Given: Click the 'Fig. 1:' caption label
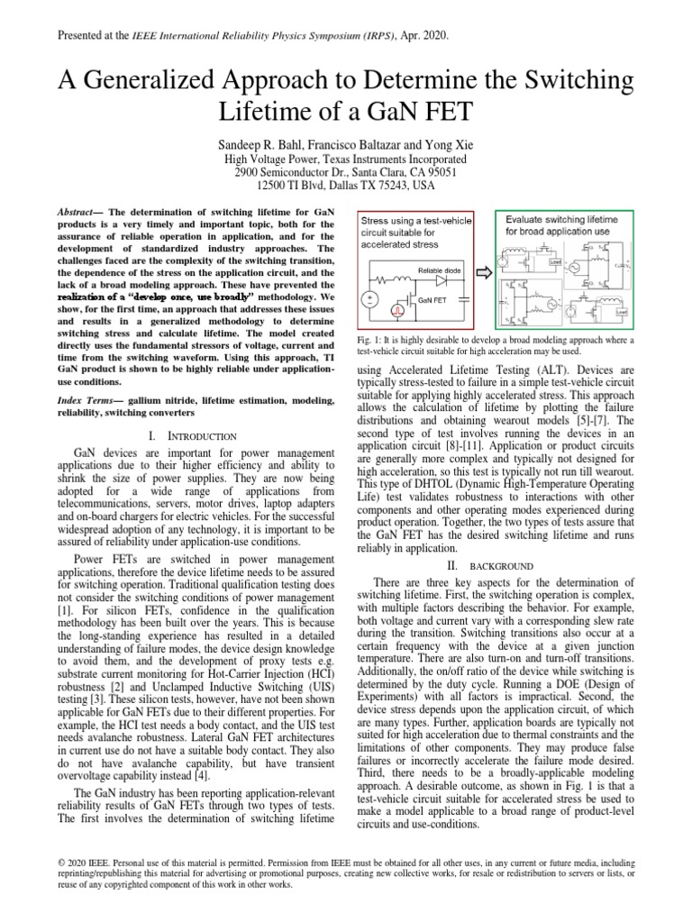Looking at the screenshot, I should coord(372,339).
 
